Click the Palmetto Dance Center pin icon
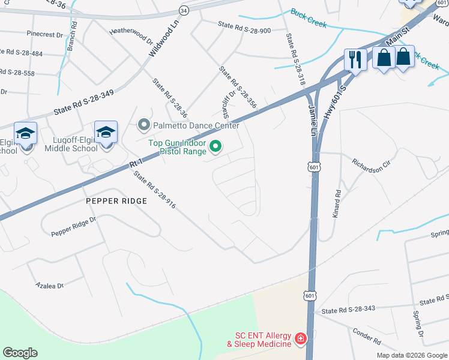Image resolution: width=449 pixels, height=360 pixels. [143, 125]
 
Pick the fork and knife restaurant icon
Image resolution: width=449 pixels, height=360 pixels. [355, 59]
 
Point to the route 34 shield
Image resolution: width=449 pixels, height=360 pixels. [184, 11]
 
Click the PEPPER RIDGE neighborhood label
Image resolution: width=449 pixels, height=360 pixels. [116, 201]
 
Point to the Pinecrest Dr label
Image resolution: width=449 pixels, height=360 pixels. [44, 35]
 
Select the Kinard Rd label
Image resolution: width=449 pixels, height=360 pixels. [338, 204]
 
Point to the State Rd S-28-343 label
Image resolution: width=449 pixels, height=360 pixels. [348, 310]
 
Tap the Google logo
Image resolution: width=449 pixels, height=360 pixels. [20, 353]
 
